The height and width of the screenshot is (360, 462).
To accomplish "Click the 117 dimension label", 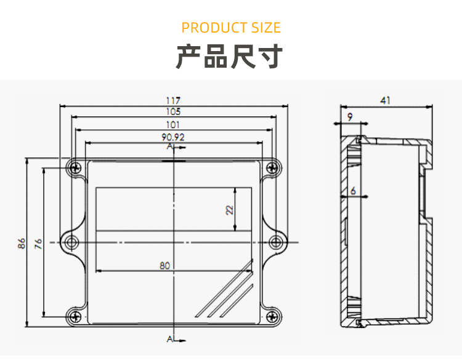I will coord(173,100).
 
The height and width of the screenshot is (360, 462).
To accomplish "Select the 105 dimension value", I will coord(173,112).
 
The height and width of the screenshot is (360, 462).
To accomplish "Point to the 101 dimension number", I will coord(173,125).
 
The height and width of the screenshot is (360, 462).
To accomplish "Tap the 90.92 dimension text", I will coord(173,137).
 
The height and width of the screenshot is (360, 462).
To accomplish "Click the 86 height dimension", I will coord(21,243).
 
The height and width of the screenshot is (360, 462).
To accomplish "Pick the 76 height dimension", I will coord(38,243).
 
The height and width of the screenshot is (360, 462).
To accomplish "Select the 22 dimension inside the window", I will coord(230,209).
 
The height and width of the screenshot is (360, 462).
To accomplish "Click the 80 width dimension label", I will coord(164,266).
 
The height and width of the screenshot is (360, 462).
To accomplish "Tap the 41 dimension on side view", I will coord(386,100).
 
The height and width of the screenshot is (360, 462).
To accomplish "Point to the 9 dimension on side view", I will coord(350,116).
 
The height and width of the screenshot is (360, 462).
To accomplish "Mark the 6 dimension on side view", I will coord(353,191).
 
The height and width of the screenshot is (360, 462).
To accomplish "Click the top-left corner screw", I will coord(75,167).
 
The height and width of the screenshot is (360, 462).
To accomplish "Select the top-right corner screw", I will coord(271,167).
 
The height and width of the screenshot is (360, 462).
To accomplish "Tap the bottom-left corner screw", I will coord(75,317).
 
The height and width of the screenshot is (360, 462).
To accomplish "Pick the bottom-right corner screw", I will coord(271,317).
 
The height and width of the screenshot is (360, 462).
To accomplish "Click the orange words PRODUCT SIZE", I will coord(231,28).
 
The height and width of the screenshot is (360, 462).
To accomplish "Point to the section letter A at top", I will coord(169,148).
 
